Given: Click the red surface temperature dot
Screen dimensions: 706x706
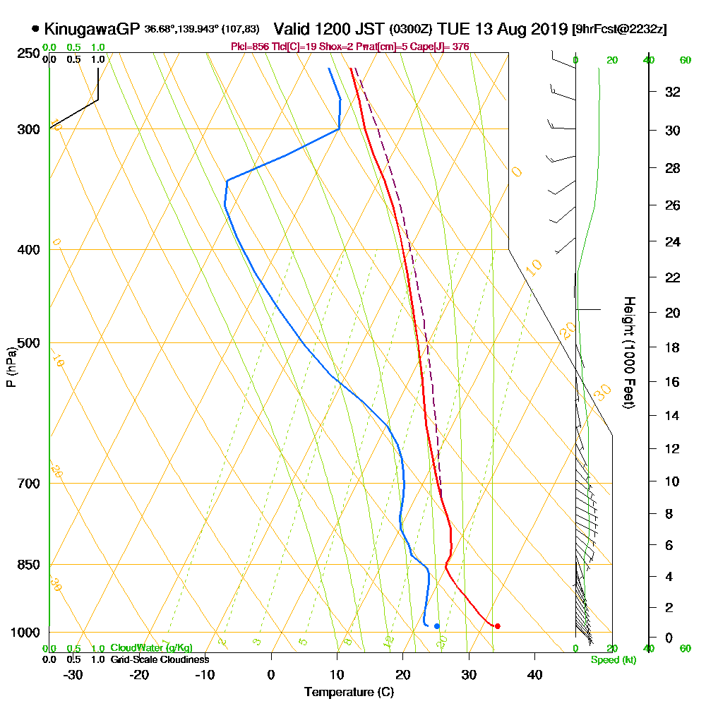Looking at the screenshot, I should coord(498,626).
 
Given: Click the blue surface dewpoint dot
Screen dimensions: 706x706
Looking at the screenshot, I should coord(437,626).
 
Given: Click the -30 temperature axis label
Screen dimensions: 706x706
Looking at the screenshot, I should coord(73,674).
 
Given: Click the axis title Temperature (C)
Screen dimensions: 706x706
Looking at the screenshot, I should coord(349,692).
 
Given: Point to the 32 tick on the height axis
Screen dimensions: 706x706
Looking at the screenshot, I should coord(672,92).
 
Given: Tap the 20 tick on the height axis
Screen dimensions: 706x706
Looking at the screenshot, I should coord(672,313).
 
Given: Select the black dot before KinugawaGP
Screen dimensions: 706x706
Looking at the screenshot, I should coord(35,29).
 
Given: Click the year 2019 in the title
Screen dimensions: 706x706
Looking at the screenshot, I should coord(551,29).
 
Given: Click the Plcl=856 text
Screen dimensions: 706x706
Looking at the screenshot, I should coord(251,47).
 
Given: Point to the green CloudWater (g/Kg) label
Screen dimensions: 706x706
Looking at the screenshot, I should coord(152,648).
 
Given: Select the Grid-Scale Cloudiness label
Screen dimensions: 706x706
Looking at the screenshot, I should coord(160,659).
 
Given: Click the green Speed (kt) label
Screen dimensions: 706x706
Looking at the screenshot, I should coord(612,659).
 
